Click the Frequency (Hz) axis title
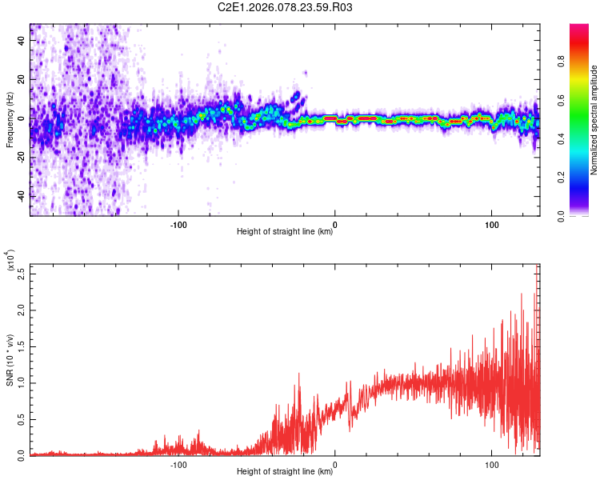click(10, 120)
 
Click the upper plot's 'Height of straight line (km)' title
click(285, 232)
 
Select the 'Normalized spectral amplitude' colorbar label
click(594, 120)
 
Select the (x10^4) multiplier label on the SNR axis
click(11, 262)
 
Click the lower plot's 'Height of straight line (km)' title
click(285, 472)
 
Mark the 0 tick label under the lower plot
click(334, 463)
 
